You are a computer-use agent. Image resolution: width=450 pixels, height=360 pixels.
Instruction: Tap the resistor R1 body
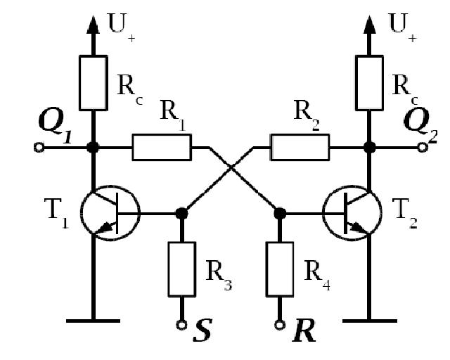(x=162, y=147)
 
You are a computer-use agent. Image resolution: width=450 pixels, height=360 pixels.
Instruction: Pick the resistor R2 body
(x=300, y=147)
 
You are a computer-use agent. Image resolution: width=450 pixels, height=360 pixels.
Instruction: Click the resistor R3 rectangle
(x=181, y=269)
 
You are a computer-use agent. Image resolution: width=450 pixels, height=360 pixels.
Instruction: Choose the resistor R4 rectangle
(x=280, y=269)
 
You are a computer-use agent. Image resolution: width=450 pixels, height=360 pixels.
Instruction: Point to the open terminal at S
(x=181, y=325)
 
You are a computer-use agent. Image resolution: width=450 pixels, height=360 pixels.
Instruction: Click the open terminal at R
(x=280, y=325)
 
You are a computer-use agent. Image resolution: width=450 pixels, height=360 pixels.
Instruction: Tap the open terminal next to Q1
(x=39, y=148)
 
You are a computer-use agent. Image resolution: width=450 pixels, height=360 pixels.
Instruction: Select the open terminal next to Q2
(x=422, y=148)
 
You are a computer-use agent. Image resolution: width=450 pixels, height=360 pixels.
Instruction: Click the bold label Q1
(x=55, y=125)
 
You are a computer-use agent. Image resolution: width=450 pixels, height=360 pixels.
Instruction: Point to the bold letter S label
(x=203, y=330)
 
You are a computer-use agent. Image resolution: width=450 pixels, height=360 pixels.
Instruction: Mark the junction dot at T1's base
(x=181, y=214)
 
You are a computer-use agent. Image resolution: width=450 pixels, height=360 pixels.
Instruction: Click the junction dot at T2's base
(x=280, y=214)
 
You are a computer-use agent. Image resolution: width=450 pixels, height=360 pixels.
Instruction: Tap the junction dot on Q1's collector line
(x=93, y=148)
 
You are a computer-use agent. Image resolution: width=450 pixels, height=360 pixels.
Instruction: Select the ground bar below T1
(x=93, y=321)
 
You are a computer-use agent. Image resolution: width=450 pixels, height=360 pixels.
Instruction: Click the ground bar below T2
(x=370, y=321)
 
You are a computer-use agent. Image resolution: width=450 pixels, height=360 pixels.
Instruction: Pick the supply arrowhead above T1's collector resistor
(x=93, y=25)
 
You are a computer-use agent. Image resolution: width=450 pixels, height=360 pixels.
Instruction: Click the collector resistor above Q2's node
(x=369, y=83)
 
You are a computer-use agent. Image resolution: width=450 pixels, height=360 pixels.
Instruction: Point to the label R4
(x=317, y=274)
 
